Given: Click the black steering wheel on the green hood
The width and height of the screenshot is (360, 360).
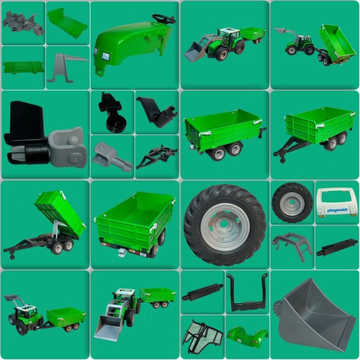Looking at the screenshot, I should (x=163, y=19).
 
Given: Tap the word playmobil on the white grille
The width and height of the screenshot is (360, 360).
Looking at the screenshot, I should (x=337, y=210).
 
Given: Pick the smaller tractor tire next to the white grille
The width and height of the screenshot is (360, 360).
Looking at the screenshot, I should (x=292, y=202).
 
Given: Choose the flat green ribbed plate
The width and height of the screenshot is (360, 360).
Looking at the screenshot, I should (x=22, y=67).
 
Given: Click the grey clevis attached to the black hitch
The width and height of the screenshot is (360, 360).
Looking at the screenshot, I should (x=68, y=148).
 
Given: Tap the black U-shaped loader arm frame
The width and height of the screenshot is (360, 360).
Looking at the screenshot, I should (x=247, y=291).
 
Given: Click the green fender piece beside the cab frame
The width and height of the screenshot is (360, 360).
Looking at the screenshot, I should (x=246, y=335).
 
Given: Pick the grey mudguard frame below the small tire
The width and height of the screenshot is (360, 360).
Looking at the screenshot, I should (x=292, y=244).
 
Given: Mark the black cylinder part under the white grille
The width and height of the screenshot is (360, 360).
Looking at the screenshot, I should (x=336, y=247).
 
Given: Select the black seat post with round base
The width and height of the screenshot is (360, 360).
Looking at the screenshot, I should (x=112, y=112).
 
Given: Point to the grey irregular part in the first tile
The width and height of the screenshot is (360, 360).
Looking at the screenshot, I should (x=22, y=23).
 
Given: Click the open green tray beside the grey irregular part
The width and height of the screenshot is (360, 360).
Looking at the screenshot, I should (x=68, y=23).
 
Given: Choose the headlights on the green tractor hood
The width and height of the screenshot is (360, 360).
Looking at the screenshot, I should (x=104, y=56).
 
